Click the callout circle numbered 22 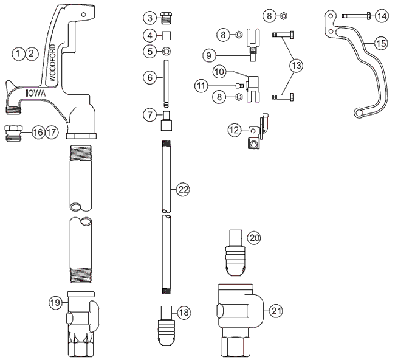click(184, 190)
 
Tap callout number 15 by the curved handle click(381, 43)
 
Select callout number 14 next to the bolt click(381, 16)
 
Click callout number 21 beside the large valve click(276, 310)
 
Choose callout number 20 click(254, 238)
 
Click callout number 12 click(235, 130)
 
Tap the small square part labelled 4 click(167, 34)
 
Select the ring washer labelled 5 click(166, 51)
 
